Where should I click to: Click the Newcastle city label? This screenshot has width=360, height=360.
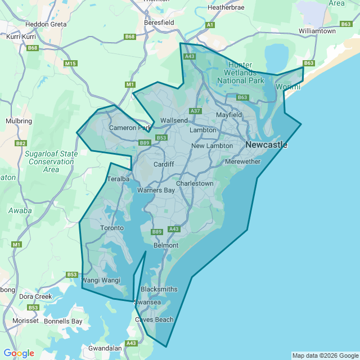[x=266, y=145]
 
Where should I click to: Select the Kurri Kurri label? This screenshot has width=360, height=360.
[x=21, y=36]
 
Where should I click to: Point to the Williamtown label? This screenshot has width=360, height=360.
[x=317, y=31]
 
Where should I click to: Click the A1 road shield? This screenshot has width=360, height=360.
[x=210, y=25]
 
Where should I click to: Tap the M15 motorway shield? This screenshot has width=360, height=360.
[x=70, y=64]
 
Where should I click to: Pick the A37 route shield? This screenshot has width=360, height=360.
[x=196, y=111]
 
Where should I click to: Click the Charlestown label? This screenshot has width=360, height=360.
[x=195, y=183]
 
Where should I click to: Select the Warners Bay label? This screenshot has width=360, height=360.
[x=156, y=190]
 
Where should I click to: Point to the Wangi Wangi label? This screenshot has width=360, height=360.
[x=102, y=280]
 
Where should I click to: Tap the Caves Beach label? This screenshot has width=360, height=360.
[x=154, y=319]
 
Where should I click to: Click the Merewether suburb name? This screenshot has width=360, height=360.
[x=242, y=161]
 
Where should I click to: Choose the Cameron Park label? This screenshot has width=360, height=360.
[x=130, y=128]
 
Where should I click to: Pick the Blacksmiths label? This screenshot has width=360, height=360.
[x=159, y=289]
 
